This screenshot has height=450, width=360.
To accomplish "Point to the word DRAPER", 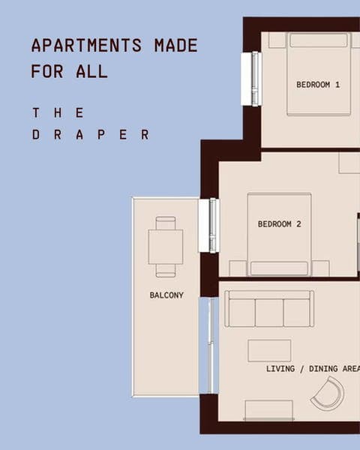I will click(91, 136).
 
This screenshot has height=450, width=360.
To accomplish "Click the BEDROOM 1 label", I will click(318, 85).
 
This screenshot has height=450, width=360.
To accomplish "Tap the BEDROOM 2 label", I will click(279, 223).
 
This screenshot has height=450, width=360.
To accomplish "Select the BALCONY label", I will click(166, 295).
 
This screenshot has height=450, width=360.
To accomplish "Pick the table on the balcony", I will click(166, 247).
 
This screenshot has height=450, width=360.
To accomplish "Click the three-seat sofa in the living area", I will click(269, 309).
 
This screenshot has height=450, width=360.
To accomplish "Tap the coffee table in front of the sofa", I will click(269, 350).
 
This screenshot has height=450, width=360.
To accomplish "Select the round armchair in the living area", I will click(328, 393).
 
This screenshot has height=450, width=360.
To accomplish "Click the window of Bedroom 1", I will click(250, 79).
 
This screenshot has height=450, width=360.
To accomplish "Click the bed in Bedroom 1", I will click(319, 73).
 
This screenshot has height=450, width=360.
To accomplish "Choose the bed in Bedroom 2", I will click(279, 235).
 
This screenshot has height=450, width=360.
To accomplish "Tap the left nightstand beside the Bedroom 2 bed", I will click(237, 268).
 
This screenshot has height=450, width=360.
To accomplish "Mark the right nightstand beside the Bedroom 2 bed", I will click(321, 268).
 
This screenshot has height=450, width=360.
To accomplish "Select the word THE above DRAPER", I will click(58, 112).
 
